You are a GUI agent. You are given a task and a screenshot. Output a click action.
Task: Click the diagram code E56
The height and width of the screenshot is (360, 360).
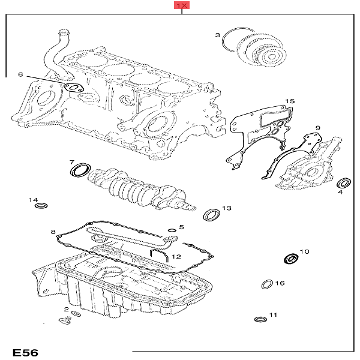click(25, 352)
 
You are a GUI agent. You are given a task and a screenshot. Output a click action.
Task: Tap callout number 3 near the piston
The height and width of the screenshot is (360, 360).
click(218, 36)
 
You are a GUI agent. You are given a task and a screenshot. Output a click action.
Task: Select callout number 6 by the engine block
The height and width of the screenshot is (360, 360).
click(20, 75)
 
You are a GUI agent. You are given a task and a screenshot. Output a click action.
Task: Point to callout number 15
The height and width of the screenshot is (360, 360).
click(290, 101)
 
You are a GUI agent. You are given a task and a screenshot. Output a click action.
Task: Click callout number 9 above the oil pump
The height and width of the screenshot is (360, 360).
click(318, 128)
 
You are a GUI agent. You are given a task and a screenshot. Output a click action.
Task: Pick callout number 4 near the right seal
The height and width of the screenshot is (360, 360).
click(340, 192)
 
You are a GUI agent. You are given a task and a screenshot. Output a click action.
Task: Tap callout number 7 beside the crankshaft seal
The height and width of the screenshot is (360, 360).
click(71, 163)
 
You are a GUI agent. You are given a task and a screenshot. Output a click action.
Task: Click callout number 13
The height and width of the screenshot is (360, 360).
click(226, 208)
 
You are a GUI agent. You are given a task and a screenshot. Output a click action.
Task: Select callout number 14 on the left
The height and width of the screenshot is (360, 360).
click(34, 200)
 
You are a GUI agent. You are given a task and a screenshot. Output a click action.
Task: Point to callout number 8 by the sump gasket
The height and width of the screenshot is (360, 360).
click(53, 232)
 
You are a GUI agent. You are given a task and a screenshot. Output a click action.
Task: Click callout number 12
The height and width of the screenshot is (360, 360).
click(176, 256)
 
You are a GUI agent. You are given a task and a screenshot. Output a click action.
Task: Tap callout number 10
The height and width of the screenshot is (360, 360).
click(304, 251)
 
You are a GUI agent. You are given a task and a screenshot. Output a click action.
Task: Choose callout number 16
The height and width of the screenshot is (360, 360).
click(280, 283)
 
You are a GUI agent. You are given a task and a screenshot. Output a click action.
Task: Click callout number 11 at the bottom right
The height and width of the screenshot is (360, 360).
click(274, 315)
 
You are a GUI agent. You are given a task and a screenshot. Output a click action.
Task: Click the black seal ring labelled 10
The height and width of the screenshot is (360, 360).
click(290, 259)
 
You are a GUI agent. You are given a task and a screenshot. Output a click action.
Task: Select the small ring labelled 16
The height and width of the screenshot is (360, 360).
click(266, 284)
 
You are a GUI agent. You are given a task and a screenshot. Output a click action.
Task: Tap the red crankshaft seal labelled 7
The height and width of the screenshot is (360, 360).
click(79, 172)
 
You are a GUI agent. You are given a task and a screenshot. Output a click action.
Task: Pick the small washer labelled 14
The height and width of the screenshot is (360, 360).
click(41, 207)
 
